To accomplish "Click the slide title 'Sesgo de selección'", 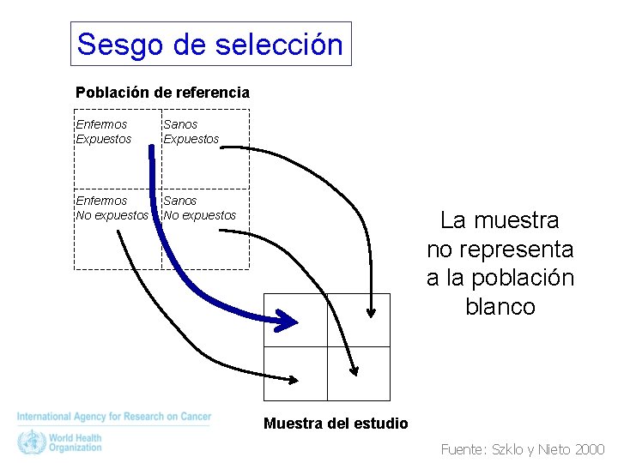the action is click(x=210, y=44).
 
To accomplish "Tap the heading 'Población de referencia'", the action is click(x=162, y=92).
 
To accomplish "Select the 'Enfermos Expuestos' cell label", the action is click(x=103, y=131).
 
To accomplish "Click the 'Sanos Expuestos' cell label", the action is click(x=191, y=131).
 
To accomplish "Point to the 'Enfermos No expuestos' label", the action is click(x=112, y=207).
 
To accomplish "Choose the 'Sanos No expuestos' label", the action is click(x=199, y=207).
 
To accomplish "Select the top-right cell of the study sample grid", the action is click(x=358, y=319).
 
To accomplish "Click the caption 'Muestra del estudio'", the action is click(x=336, y=424).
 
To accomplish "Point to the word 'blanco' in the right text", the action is click(x=500, y=307).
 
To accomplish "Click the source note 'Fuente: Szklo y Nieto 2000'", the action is click(x=522, y=449).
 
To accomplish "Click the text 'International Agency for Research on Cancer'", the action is click(x=113, y=417).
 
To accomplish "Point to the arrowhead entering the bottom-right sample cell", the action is click(x=353, y=369).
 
